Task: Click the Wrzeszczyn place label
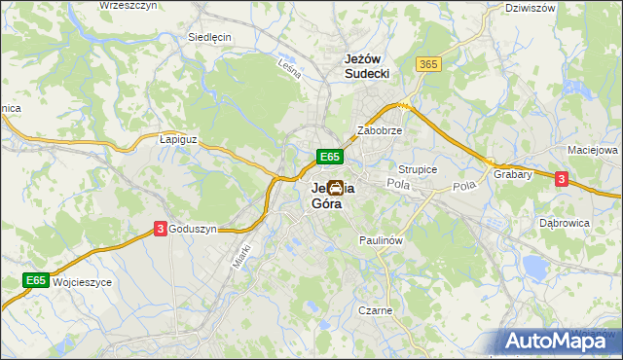[x=128, y=5]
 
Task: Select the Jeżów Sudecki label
[x=367, y=65]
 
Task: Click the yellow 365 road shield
[x=428, y=64]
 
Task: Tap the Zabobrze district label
[x=380, y=129]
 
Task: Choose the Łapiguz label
[x=177, y=139]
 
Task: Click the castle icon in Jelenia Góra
[x=335, y=187]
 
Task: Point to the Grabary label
[x=512, y=175]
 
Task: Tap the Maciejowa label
[x=593, y=151]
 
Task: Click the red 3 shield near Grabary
[x=562, y=178]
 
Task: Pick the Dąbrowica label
[x=565, y=223]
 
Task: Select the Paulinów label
[x=381, y=239]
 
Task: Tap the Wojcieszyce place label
[x=84, y=281]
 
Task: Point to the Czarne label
[x=375, y=310]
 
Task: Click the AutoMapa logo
[x=556, y=341]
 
